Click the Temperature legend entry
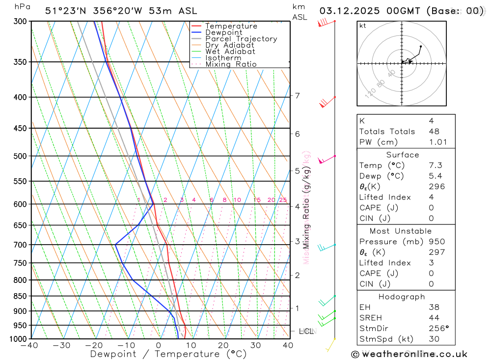coord(231,26)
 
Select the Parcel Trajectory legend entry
coord(241,39)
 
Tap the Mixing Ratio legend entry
coord(231,64)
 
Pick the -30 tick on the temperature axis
coord(61,345)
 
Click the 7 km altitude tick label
coord(297,95)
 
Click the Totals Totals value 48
coord(434,132)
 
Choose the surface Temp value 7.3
coord(435,166)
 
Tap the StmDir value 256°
coord(437,329)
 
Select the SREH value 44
coord(434,318)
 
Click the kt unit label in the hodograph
coord(363,26)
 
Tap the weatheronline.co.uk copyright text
coord(409,354)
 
